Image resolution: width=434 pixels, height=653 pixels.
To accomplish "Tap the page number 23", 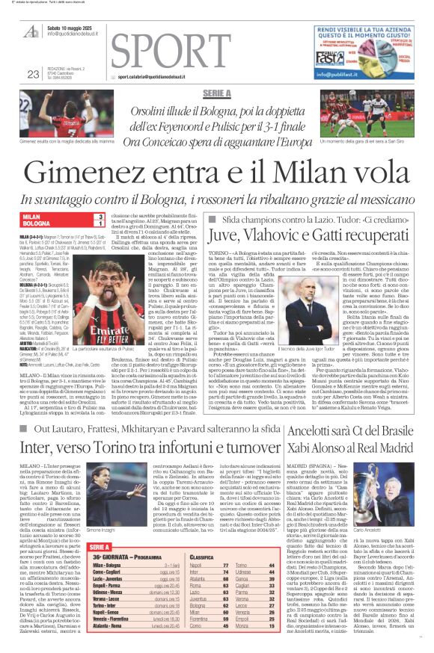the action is [x=32, y=73].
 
